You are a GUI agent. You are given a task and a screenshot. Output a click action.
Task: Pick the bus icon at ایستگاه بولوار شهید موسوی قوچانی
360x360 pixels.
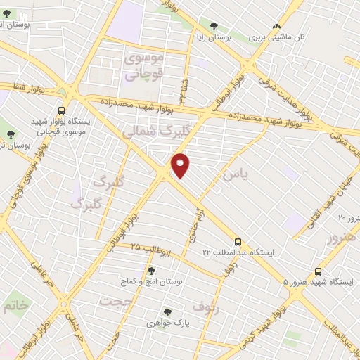coord(61,110)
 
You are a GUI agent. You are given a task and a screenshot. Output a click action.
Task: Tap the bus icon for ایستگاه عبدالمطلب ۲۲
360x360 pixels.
coord(239,241)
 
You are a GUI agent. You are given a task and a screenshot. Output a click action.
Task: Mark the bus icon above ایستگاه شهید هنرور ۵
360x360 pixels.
coord(319,270)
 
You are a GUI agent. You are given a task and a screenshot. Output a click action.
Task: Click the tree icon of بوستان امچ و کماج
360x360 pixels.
coord(151,270)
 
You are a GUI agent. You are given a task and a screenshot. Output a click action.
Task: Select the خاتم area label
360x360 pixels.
coord(16,306)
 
